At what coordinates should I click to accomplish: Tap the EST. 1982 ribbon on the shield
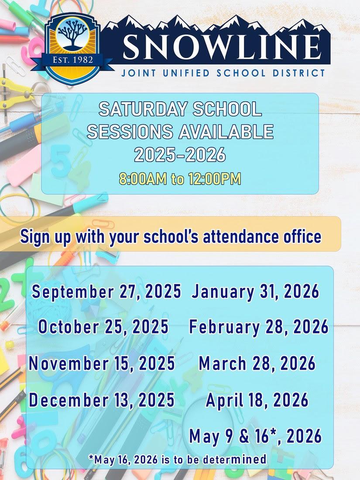point(72,60)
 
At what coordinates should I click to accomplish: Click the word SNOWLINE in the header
point(222,47)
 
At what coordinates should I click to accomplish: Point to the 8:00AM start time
point(143,179)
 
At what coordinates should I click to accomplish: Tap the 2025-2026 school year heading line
point(180,154)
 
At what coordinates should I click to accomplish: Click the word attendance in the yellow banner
point(241,237)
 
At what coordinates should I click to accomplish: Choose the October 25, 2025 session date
point(103,327)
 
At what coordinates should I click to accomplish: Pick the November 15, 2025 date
point(102,363)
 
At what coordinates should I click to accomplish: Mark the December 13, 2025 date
point(102,400)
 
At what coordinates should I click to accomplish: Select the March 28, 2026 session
point(257,363)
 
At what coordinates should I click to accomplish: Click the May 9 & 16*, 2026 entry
point(256,436)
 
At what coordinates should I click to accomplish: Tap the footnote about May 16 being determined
point(177,459)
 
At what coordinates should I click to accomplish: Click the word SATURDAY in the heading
point(143,109)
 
